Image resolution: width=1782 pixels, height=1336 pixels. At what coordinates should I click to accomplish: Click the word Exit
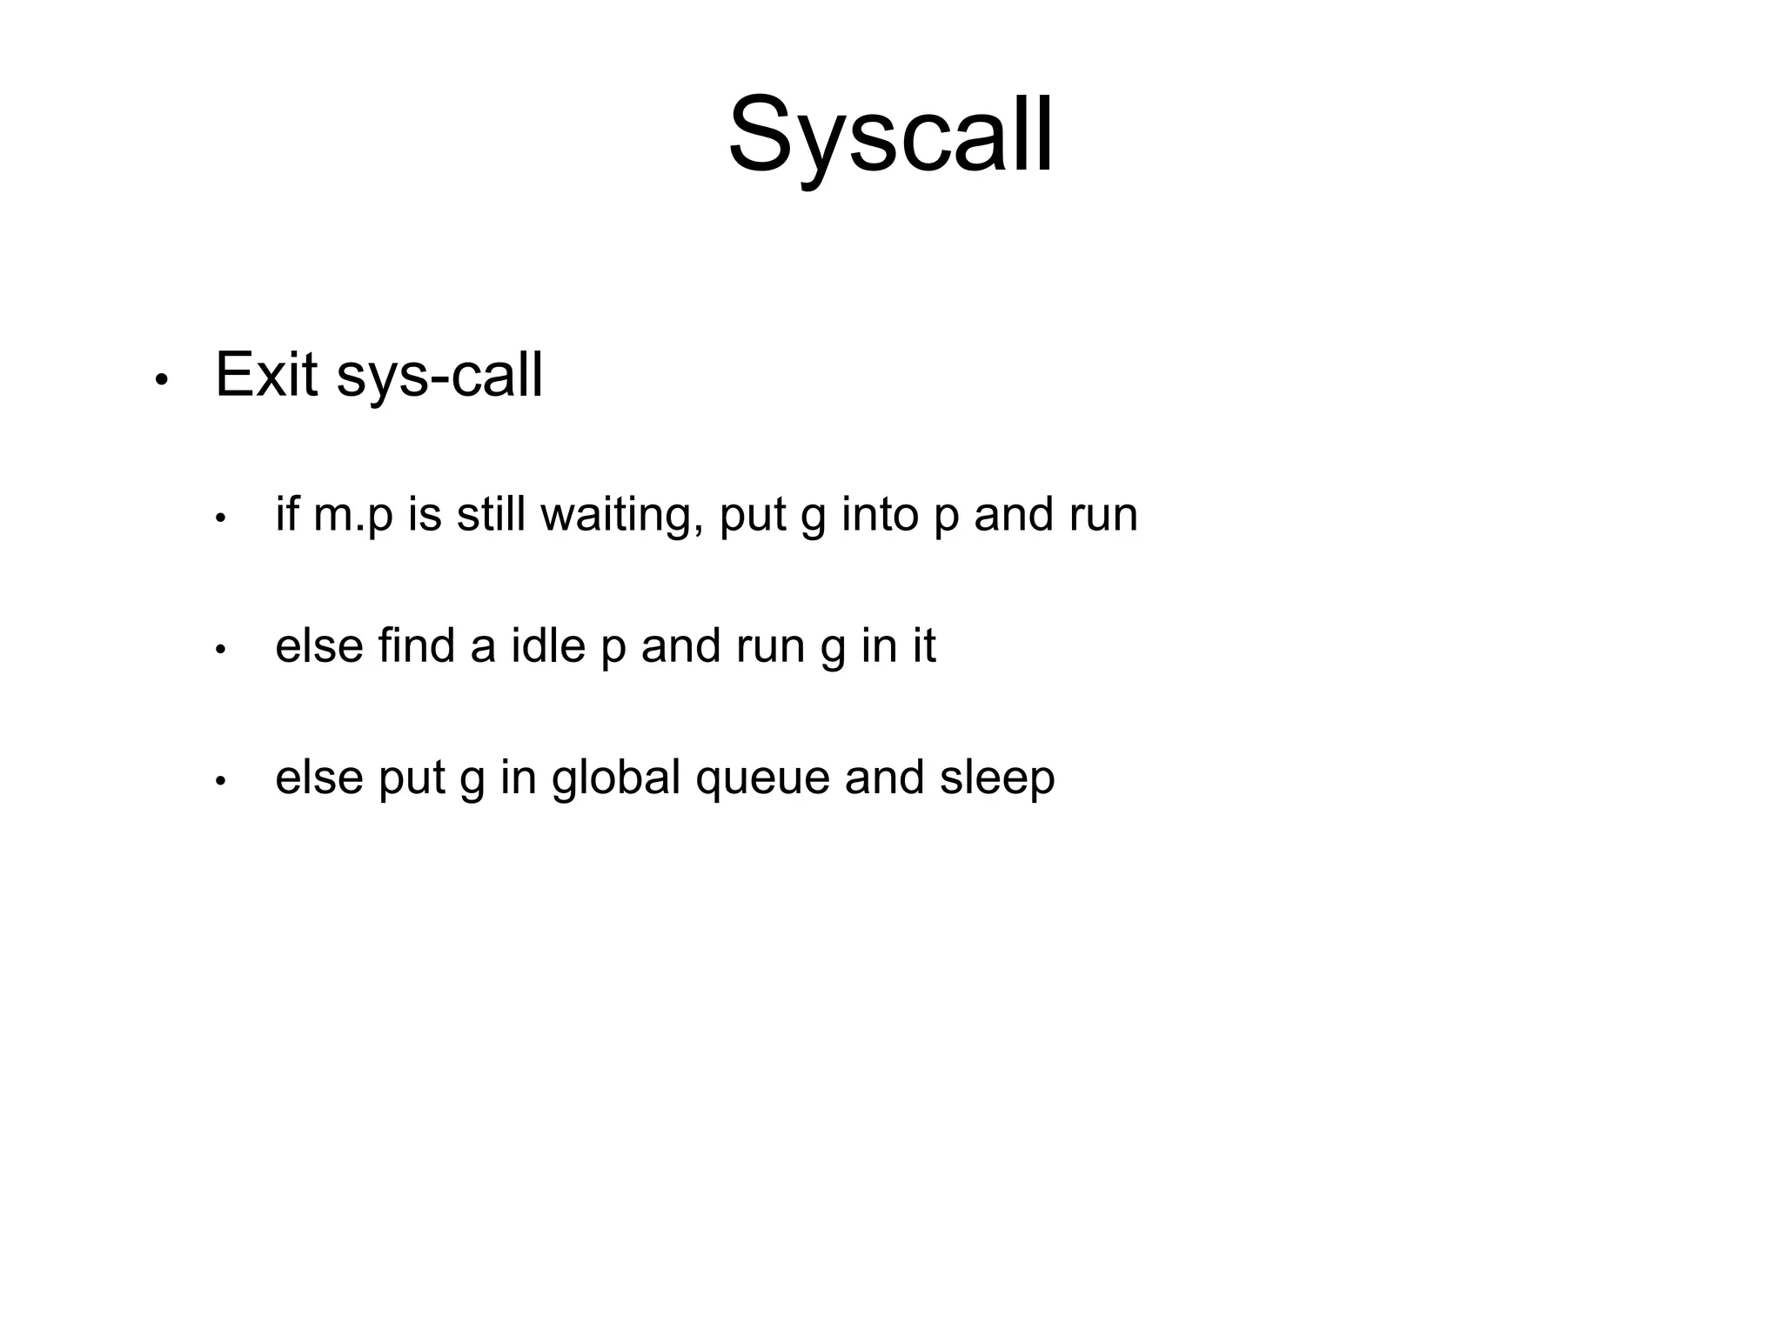coord(266,375)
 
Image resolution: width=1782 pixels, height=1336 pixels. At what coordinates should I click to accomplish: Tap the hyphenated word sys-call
coord(439,377)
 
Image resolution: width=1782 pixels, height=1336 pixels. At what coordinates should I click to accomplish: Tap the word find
coord(416,645)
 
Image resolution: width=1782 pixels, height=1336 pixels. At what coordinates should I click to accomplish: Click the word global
coord(616,778)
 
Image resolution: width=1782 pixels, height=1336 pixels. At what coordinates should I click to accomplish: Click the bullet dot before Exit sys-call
coord(160,380)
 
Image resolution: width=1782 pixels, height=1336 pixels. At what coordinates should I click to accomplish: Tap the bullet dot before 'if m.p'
coord(220,518)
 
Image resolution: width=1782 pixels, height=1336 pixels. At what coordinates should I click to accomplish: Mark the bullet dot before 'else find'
coord(220,650)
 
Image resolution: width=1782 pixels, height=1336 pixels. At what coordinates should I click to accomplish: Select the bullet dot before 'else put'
coord(220,781)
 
